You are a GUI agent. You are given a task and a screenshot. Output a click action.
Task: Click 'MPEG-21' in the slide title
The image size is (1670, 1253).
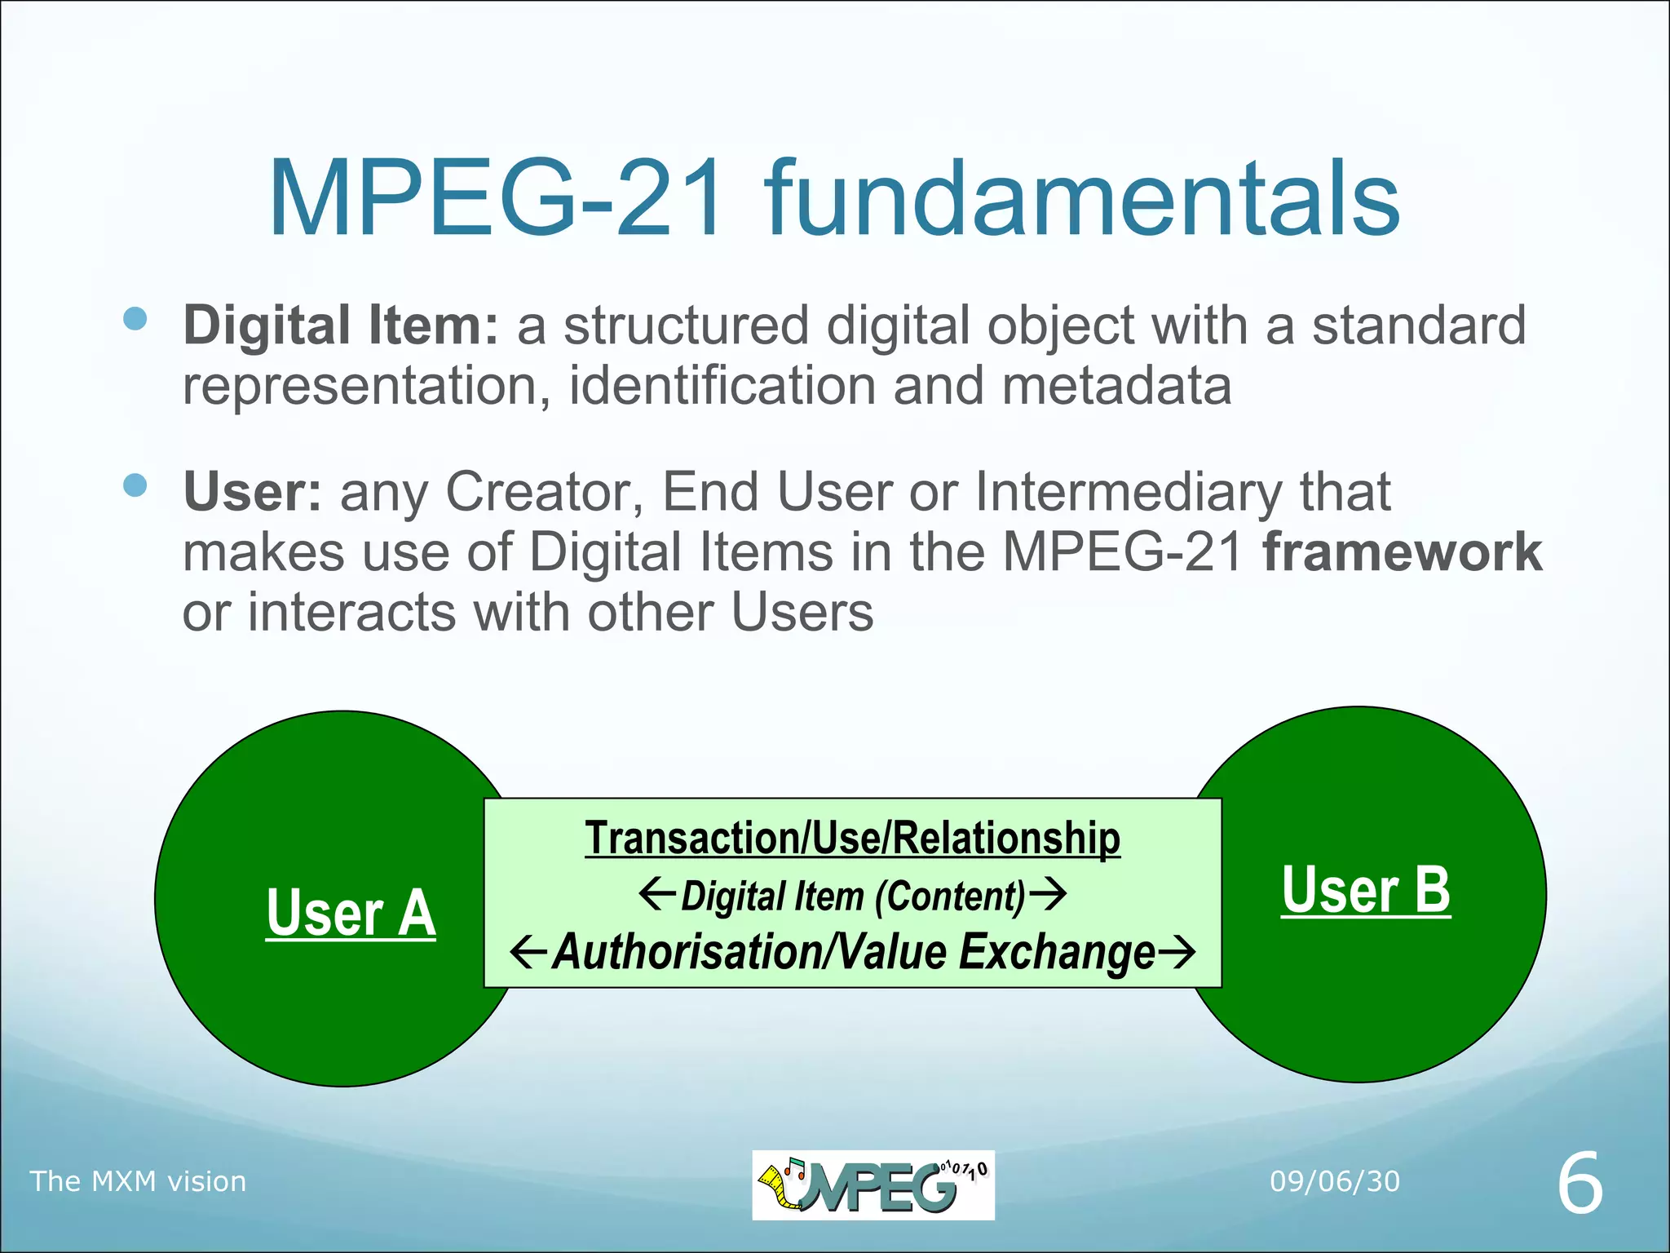coord(496,199)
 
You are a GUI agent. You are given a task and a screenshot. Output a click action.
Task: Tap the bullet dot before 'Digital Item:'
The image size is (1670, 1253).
coord(135,318)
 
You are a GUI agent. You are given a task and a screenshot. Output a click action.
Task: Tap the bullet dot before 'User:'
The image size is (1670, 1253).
coord(135,485)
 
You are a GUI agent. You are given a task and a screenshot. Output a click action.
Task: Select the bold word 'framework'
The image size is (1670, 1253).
coord(1403,552)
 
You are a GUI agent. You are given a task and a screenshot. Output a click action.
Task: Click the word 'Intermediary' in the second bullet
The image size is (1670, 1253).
coord(1129,492)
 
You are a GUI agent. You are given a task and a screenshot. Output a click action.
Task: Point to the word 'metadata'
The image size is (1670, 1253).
coord(1116,385)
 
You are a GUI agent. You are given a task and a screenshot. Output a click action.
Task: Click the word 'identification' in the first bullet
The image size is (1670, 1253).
coord(722,385)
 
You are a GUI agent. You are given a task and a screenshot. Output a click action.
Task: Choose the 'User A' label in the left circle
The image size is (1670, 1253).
coord(351,913)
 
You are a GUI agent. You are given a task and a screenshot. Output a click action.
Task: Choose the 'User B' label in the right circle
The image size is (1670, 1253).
coord(1366,890)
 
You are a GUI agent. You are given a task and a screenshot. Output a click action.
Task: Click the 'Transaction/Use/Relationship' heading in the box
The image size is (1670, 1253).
coord(852,838)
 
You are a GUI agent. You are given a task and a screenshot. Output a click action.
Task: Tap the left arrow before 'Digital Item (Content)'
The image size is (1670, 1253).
coord(656,894)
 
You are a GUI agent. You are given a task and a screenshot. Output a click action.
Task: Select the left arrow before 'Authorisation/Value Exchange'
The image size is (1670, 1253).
coord(528,951)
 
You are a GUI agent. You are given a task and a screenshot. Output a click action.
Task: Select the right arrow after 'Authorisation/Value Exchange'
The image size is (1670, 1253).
coord(1177,951)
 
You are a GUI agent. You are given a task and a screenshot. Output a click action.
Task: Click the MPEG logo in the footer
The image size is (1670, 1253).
coord(873,1184)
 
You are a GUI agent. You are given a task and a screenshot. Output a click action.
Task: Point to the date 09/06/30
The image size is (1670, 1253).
coord(1335,1181)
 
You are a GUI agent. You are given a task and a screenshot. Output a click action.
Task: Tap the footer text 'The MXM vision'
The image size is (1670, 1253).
coord(138,1181)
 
